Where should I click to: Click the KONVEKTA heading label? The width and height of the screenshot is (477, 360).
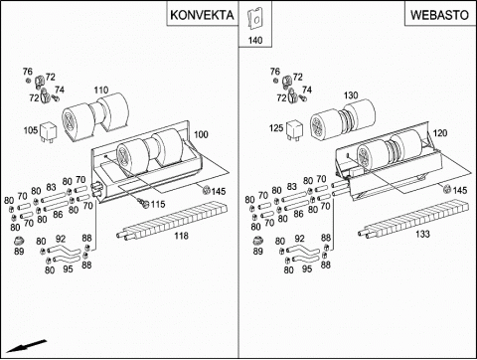202,15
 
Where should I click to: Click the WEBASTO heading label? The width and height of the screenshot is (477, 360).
439,15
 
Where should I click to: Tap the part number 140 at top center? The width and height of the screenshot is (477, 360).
255,41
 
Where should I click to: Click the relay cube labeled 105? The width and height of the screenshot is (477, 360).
49,132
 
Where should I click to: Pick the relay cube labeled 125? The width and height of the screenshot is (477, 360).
295,130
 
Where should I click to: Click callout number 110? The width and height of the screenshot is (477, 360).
101,90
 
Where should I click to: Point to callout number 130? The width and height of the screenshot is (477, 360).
351,95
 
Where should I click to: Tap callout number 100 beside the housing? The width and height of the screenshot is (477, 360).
201,134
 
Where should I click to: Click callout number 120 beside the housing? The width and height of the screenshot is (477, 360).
440,133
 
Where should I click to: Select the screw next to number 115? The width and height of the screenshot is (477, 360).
144,204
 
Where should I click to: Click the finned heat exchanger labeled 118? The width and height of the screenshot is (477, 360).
172,221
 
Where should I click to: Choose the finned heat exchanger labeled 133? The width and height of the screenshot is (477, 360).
413,218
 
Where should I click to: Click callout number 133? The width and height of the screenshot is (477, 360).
422,234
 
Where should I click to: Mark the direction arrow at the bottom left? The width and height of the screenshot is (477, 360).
27,346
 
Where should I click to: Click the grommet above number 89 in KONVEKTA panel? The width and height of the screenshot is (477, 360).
19,241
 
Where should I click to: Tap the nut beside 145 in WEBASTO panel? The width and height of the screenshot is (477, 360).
447,189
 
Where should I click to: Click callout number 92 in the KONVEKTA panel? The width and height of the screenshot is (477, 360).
61,239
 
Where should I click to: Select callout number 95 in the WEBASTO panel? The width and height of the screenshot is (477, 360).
307,269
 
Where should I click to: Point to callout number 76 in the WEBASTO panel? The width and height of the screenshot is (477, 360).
275,72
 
